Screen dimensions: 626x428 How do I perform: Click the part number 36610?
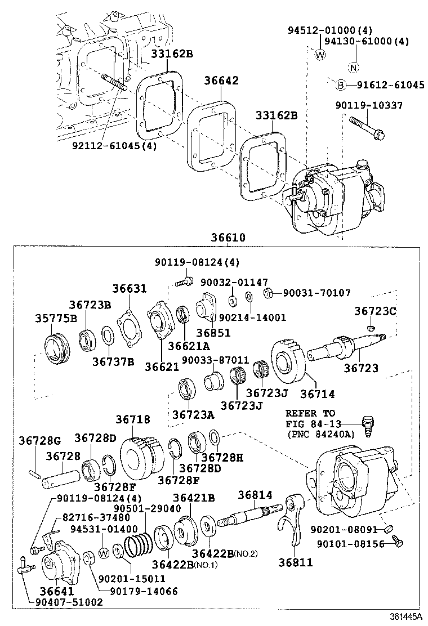coord(228,238)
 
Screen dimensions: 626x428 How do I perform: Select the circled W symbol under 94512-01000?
coord(320,55)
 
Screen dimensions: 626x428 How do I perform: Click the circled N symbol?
coord(353,69)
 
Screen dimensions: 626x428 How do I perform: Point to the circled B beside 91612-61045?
coord(340,85)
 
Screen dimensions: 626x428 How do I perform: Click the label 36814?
coord(255,495)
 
